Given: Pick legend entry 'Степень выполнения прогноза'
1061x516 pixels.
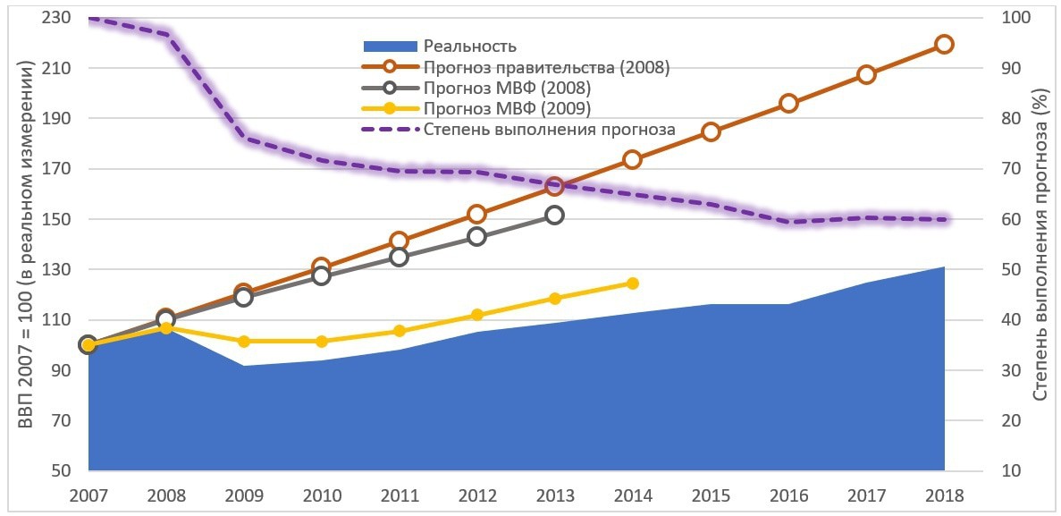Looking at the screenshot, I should pyautogui.click(x=549, y=131).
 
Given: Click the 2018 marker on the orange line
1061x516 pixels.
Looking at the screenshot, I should pyautogui.click(x=944, y=45).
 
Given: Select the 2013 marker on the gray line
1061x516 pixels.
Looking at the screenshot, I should pyautogui.click(x=554, y=215).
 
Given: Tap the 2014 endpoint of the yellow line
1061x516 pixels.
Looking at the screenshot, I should pyautogui.click(x=632, y=283).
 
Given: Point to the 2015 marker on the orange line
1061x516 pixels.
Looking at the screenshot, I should pyautogui.click(x=711, y=131).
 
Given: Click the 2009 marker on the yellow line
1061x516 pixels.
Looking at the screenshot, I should pyautogui.click(x=243, y=342).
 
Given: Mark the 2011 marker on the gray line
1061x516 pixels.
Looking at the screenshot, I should pyautogui.click(x=399, y=257).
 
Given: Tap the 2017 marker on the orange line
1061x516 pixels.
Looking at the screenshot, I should pyautogui.click(x=866, y=74).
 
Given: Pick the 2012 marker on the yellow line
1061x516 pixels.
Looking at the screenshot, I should pyautogui.click(x=476, y=315).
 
